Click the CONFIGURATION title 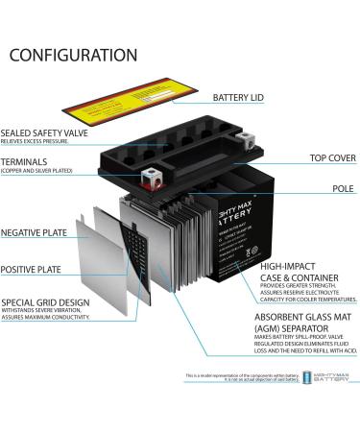(73, 55)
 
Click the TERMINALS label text (25, 161)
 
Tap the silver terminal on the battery (149, 175)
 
